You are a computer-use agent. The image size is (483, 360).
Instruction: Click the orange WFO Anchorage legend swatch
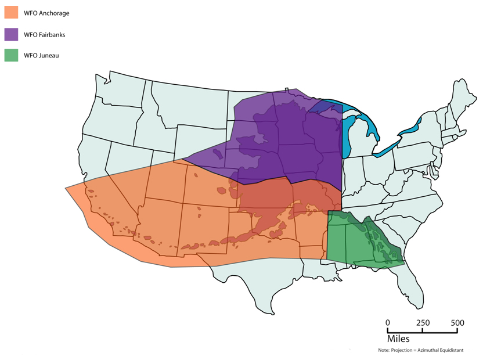pyautogui.click(x=12, y=12)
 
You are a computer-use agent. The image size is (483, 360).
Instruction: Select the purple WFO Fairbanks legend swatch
pyautogui.click(x=12, y=34)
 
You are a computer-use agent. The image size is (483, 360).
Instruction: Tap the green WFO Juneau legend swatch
pyautogui.click(x=12, y=56)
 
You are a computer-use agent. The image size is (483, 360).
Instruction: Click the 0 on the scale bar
pyautogui.click(x=388, y=323)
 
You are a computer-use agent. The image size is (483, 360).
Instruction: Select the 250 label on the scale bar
pyautogui.click(x=423, y=323)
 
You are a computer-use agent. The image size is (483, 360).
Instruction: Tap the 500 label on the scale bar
pyautogui.click(x=457, y=323)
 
